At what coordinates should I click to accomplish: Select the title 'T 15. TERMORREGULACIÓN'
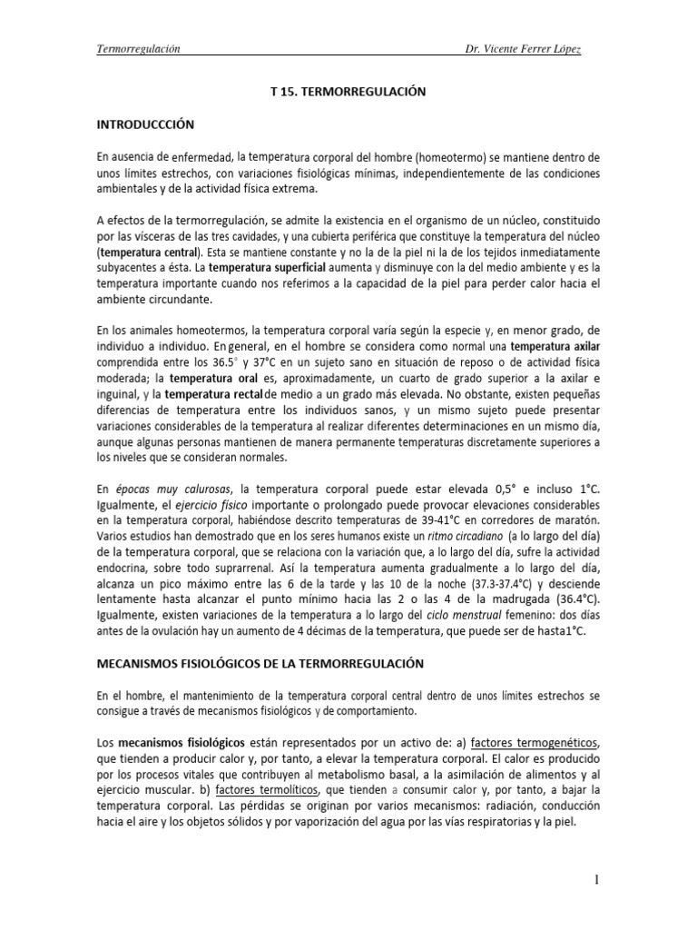pos(348,93)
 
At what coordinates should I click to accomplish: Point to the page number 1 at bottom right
pos(596,879)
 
